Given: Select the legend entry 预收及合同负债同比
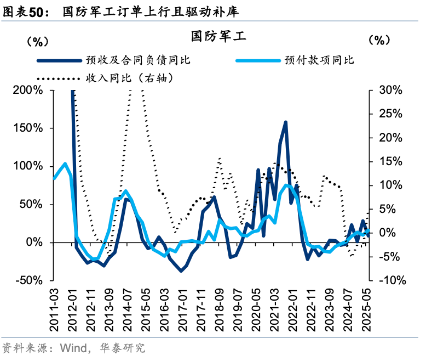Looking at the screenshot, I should pyautogui.click(x=137, y=60).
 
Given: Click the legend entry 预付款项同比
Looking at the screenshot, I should pyautogui.click(x=319, y=60).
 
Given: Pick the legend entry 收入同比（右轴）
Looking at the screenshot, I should pyautogui.click(x=130, y=78).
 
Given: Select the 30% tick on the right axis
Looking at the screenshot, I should pyautogui.click(x=392, y=91).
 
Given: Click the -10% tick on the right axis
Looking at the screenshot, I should pyautogui.click(x=391, y=280).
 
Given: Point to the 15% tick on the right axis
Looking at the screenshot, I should pyautogui.click(x=392, y=161).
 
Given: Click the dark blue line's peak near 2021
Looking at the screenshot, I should pyautogui.click(x=285, y=122).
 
